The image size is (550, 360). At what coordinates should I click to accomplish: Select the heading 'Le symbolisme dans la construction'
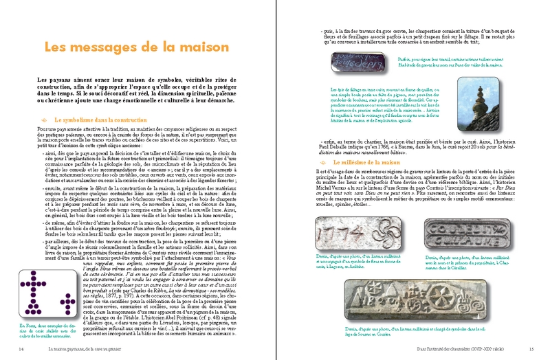[x=97, y=120]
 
